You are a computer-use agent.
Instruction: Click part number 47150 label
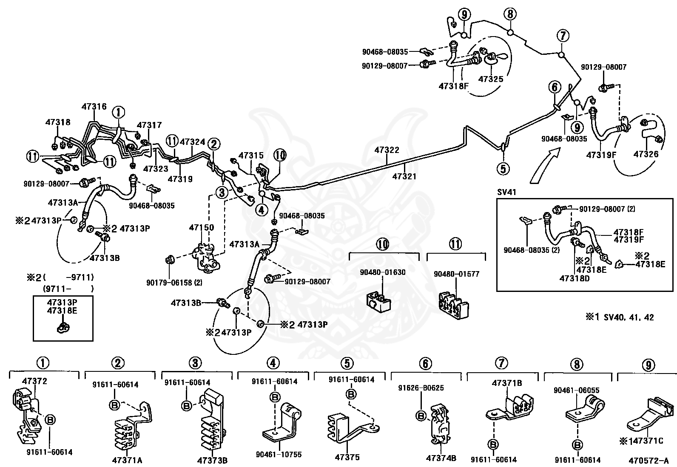click(x=201, y=227)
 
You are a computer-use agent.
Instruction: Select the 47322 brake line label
click(x=387, y=150)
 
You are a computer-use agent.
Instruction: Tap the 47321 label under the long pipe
click(x=404, y=176)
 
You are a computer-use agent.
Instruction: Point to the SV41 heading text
click(x=506, y=192)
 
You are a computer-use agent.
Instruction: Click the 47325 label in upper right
click(x=490, y=79)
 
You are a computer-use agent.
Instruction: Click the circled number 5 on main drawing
click(x=503, y=169)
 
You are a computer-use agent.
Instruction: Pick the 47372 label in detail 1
click(x=35, y=381)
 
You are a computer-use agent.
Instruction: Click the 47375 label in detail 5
click(x=347, y=457)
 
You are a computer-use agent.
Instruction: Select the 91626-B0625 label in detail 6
click(x=421, y=388)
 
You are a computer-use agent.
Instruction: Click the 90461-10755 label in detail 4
click(x=279, y=454)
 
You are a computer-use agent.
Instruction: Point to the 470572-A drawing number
click(x=648, y=460)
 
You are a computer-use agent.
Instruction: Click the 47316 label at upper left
click(x=94, y=107)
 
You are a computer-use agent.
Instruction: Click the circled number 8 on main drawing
click(x=511, y=14)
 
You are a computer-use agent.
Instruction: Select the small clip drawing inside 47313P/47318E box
click(x=63, y=326)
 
